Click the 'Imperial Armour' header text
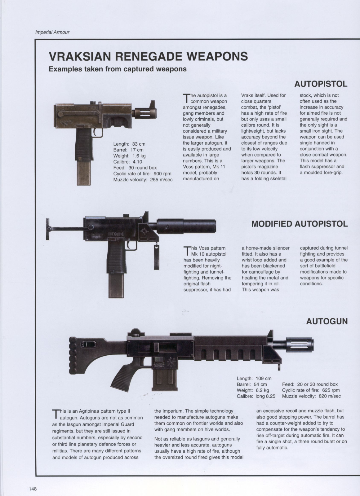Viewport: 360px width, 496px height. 52,32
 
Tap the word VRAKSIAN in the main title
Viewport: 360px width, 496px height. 80,56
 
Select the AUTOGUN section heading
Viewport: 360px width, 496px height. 327,322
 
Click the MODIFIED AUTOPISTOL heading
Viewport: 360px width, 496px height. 300,224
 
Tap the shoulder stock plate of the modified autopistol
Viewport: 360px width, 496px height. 47,229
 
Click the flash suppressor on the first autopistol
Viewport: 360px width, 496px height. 145,113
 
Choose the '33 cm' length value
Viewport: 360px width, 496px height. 139,144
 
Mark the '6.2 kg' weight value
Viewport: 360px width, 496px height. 262,390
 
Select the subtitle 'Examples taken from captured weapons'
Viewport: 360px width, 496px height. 118,69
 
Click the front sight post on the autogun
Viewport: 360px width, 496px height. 270,336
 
